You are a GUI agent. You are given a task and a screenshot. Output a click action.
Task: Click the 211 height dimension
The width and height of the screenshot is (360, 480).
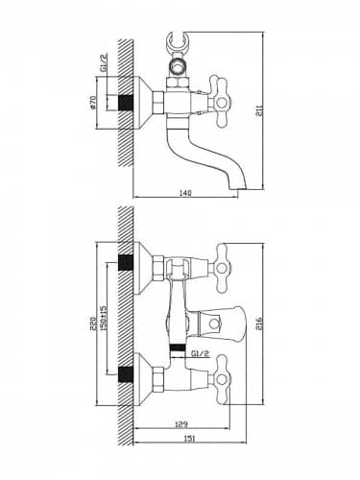coord(260,110)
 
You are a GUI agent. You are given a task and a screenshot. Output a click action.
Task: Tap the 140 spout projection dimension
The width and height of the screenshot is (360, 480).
coord(185,193)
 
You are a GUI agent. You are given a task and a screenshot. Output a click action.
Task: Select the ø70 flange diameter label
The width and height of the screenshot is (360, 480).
coord(93,103)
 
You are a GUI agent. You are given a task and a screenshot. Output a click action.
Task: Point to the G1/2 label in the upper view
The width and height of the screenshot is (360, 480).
coord(103,62)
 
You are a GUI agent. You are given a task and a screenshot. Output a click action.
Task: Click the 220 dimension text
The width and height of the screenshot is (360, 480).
coord(93,324)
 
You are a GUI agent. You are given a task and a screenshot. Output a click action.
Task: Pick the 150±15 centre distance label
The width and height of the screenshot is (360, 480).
coord(103,319)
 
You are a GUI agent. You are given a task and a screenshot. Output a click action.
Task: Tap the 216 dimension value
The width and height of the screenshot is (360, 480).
coord(259,324)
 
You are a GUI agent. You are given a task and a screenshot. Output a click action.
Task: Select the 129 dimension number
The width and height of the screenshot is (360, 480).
coord(181,424)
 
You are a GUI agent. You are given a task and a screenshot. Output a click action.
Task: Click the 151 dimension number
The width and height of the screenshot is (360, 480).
coord(189,439)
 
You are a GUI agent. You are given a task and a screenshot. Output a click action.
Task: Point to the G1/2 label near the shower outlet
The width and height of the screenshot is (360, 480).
coord(201,353)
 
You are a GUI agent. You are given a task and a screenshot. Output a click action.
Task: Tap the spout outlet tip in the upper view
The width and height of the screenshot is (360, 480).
coord(238,187)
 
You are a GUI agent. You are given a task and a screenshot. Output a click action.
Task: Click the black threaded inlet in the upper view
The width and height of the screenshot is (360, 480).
coord(126,103)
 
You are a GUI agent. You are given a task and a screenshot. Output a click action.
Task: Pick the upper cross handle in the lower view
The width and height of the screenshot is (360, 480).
coord(222,268)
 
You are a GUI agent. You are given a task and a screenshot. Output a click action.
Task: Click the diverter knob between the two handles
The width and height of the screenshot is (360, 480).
coord(220,324)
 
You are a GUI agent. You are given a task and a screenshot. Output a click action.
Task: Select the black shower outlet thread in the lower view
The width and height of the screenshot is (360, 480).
coord(178,348)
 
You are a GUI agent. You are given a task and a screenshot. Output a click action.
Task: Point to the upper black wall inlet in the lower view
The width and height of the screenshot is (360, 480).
coord(126,263)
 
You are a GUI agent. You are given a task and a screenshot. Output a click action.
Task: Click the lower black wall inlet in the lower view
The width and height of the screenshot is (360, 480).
coord(126,374)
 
